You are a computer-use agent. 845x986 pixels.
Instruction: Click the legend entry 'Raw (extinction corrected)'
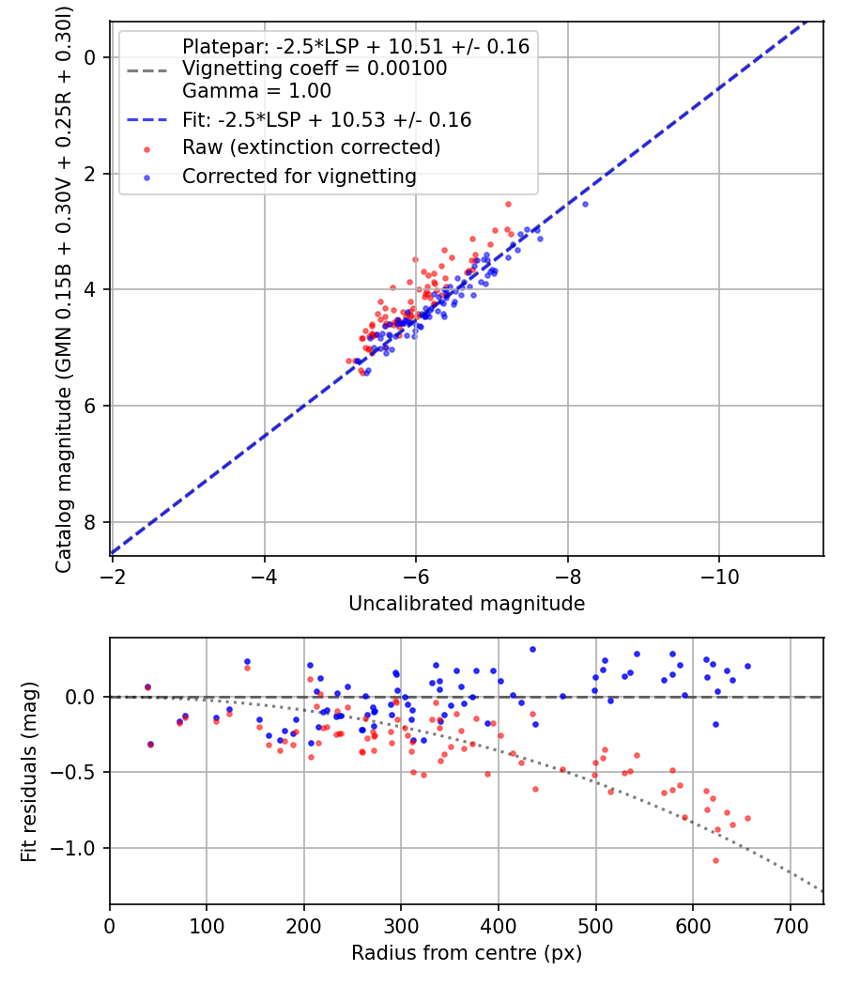(311, 147)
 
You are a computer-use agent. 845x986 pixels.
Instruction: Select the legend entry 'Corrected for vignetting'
(299, 176)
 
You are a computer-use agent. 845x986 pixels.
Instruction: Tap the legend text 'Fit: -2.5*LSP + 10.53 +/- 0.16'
(326, 119)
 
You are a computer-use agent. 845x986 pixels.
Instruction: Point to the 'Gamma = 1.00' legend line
(256, 91)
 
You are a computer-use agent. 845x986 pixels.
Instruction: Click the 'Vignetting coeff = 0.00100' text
(315, 69)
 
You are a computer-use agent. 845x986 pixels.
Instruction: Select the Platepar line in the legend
(355, 46)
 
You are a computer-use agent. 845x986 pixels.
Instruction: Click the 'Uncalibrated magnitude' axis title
(467, 604)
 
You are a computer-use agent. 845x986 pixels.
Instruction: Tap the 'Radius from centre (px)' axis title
(467, 953)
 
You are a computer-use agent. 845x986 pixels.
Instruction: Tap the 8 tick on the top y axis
(90, 522)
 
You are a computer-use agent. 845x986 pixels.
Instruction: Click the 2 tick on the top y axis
(90, 174)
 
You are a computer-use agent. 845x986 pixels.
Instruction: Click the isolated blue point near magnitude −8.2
(585, 204)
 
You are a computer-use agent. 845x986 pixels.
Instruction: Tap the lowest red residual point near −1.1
(584, 860)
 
